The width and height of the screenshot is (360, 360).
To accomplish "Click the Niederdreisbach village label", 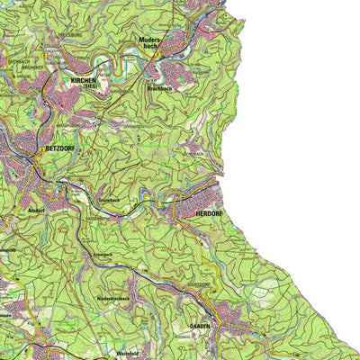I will click(114, 298).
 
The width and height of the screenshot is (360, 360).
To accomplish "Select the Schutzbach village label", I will click(105, 255).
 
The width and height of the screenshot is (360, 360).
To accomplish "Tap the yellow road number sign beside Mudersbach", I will click(155, 55).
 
